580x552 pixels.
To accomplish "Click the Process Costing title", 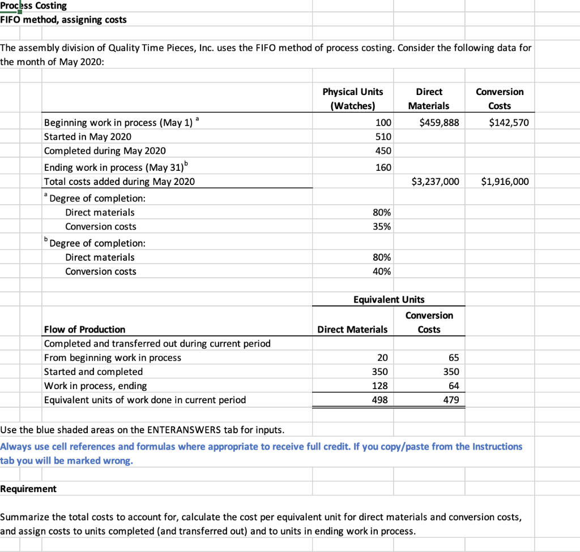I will point(33,6).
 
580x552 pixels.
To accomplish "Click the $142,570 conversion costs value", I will point(509,123).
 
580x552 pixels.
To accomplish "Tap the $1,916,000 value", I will point(505,182).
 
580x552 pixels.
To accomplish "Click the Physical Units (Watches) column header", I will point(352,99).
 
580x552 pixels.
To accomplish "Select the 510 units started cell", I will point(383,137).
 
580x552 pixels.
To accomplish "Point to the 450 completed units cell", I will point(383,151).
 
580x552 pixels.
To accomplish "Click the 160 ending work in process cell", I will point(383,167).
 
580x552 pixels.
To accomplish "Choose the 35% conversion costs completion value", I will point(381,227).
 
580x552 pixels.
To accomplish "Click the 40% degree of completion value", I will point(381,271).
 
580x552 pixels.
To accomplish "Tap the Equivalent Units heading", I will point(389,300).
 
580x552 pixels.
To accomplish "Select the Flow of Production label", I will point(84,330).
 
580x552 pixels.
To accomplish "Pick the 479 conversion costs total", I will point(450,400).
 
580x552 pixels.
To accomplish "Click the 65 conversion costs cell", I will point(453,358).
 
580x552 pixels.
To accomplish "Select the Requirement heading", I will point(28,489).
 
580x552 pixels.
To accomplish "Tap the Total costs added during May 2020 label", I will point(119,182).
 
